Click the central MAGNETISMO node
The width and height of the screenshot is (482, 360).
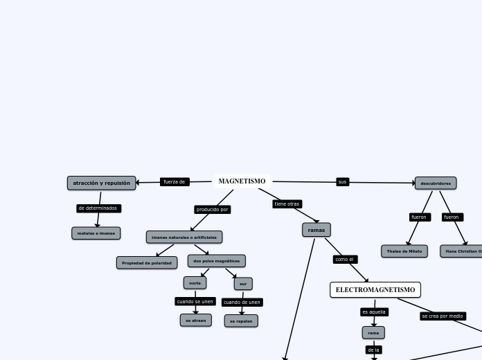[242, 181]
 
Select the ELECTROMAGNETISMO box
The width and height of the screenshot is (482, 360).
[375, 289]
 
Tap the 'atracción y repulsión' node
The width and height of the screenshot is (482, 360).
[101, 183]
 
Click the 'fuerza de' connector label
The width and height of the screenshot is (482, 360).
[175, 182]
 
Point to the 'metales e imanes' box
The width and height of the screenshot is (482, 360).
[96, 233]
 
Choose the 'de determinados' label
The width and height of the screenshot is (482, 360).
[98, 208]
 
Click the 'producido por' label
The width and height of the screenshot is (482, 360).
[212, 209]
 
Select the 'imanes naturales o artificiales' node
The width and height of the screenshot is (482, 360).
[184, 237]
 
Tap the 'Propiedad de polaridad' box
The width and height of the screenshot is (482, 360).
[147, 263]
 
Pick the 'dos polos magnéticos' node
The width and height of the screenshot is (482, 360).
[216, 261]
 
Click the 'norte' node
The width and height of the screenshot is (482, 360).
[195, 283]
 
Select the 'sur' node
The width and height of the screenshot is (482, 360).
[243, 284]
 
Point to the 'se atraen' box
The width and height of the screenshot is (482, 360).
[196, 321]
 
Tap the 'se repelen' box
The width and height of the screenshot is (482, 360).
[241, 321]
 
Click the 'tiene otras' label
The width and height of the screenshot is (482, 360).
[287, 204]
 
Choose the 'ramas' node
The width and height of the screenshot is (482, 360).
[316, 230]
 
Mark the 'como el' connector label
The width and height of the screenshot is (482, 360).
[345, 260]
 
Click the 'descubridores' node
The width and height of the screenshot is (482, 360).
[436, 183]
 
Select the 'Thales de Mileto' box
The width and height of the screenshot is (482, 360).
[404, 251]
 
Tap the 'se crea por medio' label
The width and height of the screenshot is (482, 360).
[443, 316]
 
